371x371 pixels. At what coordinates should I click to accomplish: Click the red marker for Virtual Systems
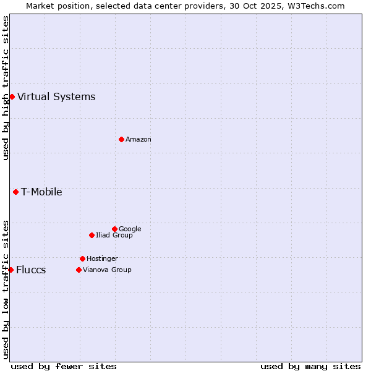12,96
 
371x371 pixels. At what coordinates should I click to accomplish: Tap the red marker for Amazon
121,139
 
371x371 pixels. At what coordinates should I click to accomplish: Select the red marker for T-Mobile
15,192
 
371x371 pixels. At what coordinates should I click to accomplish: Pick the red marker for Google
114,229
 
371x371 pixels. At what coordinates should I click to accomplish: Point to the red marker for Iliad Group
92,235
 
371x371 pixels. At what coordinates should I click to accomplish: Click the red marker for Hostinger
82,258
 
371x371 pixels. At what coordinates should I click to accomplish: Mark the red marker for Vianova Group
79,270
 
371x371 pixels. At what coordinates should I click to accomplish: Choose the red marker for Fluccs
11,270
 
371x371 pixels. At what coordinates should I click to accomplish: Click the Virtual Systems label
56,96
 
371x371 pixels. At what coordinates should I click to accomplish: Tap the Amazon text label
139,139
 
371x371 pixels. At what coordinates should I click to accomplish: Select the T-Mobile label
41,192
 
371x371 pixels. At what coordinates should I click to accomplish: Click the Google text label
130,229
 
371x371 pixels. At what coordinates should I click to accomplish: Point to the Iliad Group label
114,235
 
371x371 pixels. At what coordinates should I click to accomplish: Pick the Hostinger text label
102,258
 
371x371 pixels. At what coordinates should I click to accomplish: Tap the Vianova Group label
107,270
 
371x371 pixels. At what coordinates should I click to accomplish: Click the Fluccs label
31,270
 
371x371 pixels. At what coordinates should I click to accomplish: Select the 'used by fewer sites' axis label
64,366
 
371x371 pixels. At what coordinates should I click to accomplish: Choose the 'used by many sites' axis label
310,366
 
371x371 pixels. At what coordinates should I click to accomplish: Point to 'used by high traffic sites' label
6,88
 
